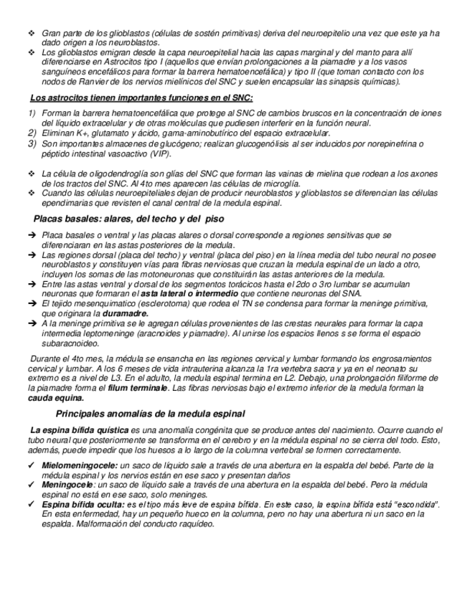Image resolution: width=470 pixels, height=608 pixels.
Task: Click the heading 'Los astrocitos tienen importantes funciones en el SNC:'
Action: [x=141, y=98]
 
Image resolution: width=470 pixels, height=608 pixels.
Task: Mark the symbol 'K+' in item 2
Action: [x=80, y=133]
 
